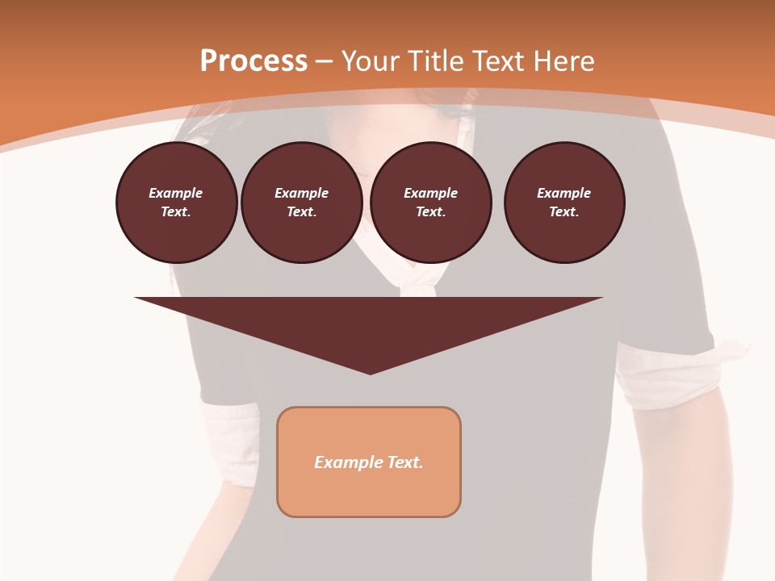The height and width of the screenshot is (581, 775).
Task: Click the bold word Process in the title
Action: click(x=253, y=61)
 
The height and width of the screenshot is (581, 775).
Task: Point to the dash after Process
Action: click(x=324, y=62)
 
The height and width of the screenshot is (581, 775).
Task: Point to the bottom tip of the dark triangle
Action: click(x=370, y=372)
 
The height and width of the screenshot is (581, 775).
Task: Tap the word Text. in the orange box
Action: click(x=405, y=462)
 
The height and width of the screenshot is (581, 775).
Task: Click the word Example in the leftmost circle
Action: click(x=176, y=193)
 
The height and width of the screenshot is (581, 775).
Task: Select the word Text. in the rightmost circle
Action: click(x=564, y=211)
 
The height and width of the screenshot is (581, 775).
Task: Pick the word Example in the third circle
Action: click(x=431, y=193)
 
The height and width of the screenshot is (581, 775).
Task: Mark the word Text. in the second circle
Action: click(x=302, y=211)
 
